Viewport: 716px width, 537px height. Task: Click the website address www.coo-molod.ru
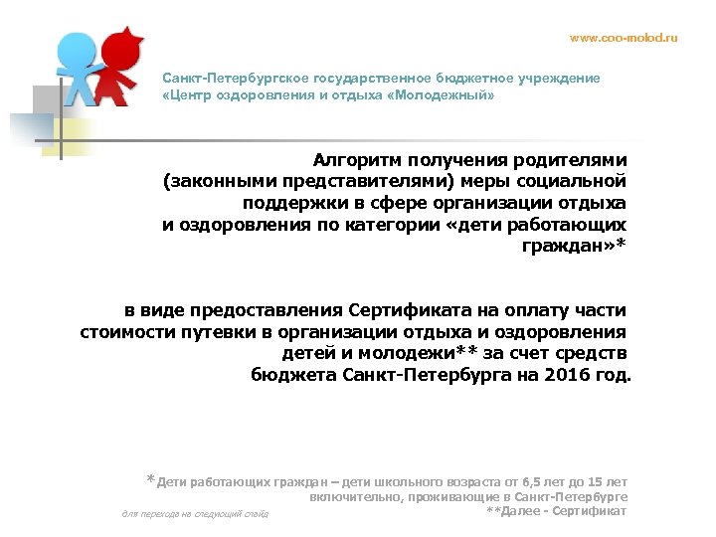(x=623, y=37)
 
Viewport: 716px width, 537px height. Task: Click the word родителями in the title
(x=577, y=159)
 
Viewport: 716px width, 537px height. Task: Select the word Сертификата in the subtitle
(x=410, y=309)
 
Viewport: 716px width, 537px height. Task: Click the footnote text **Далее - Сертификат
(x=557, y=511)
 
